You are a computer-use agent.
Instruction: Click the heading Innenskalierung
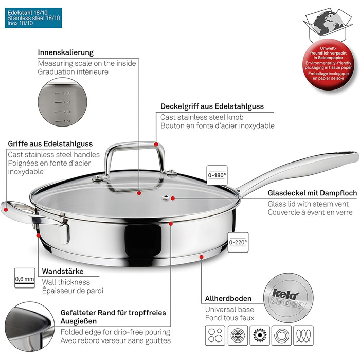[66, 52]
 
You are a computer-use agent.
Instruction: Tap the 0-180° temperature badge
[217, 175]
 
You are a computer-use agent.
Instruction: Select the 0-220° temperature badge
[238, 242]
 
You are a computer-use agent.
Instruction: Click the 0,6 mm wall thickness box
[25, 278]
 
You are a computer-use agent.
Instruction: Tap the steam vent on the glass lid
[165, 197]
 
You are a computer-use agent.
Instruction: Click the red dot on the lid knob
[156, 145]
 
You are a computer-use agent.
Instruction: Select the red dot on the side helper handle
[6, 209]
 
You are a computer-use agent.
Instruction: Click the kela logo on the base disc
[285, 294]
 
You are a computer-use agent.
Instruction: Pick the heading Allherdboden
[228, 299]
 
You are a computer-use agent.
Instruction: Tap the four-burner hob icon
[215, 335]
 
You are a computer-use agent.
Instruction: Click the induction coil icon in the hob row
[281, 335]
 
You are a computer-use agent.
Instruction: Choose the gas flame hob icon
[260, 335]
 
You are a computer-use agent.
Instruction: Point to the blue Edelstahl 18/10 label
[33, 18]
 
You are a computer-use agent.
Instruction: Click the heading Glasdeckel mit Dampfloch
[312, 193]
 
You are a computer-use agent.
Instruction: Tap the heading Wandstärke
[63, 272]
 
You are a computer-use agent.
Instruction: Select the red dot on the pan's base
[202, 257]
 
